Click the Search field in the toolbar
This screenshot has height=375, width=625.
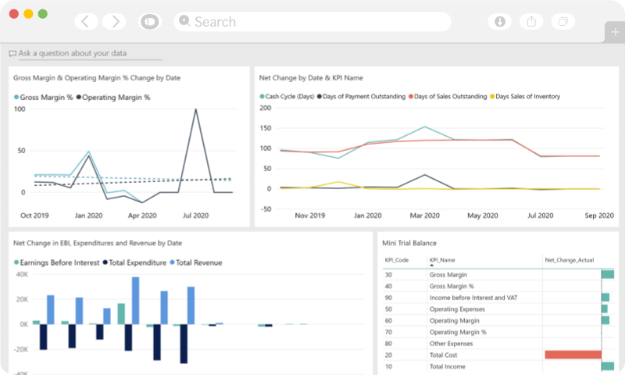click(x=312, y=22)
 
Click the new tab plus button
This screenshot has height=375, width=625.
click(x=614, y=31)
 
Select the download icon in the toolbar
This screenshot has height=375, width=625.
click(x=500, y=22)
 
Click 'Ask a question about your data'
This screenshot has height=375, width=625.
click(x=72, y=54)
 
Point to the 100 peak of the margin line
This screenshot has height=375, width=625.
click(x=195, y=109)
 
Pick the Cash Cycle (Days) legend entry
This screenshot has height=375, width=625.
click(x=286, y=97)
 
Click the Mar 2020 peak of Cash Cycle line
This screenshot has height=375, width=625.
click(x=424, y=127)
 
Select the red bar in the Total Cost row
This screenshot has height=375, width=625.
click(x=573, y=355)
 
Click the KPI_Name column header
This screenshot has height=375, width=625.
click(x=442, y=259)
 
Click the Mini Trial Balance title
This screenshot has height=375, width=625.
click(x=409, y=243)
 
